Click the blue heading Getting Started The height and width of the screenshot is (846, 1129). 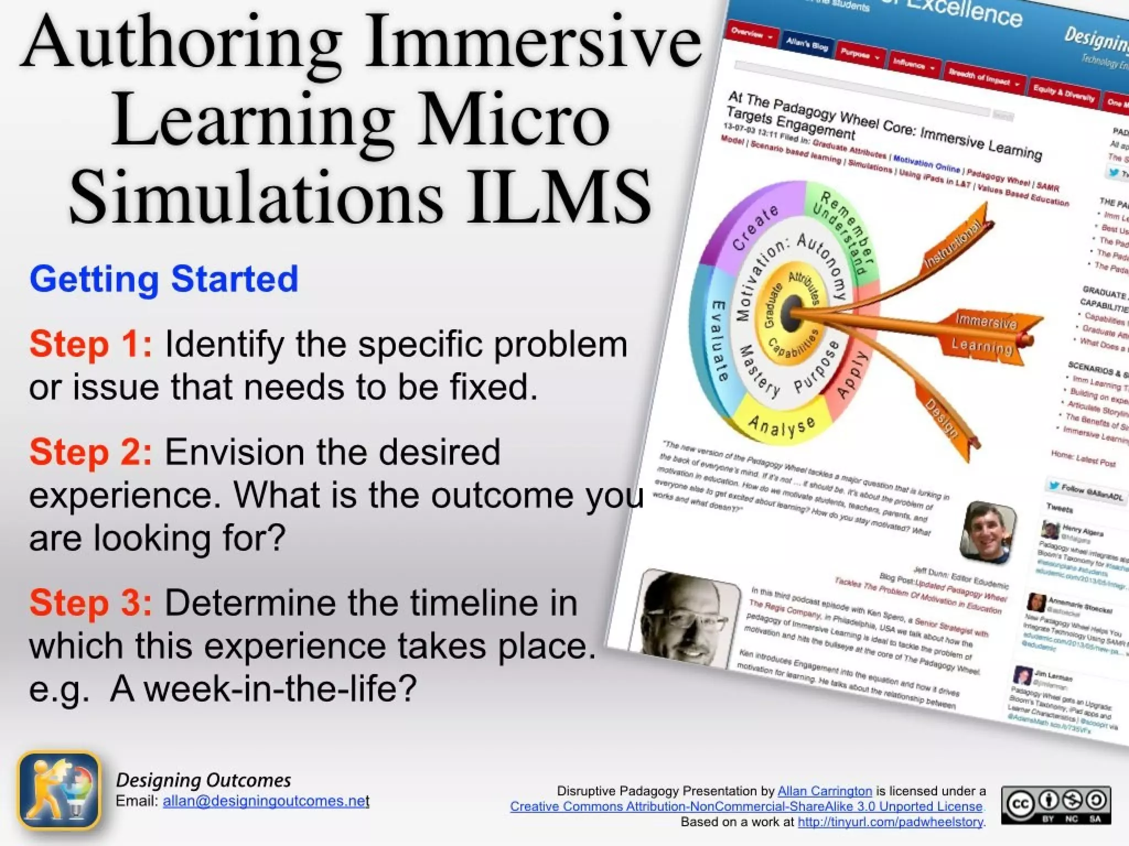pyautogui.click(x=164, y=279)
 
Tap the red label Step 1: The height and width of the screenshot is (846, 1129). pyautogui.click(x=90, y=344)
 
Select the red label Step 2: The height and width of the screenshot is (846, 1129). pyautogui.click(x=90, y=452)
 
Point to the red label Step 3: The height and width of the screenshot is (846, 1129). pyautogui.click(x=90, y=603)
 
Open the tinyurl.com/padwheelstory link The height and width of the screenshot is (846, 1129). pyautogui.click(x=890, y=822)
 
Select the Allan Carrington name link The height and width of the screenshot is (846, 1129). pyautogui.click(x=824, y=791)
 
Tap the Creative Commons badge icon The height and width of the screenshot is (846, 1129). pyautogui.click(x=1055, y=805)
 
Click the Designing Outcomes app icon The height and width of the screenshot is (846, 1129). pyautogui.click(x=60, y=791)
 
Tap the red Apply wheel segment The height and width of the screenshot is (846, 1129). pyautogui.click(x=852, y=375)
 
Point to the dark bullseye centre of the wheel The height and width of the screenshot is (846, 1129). pyautogui.click(x=793, y=308)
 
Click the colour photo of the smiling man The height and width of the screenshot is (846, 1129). pyautogui.click(x=988, y=532)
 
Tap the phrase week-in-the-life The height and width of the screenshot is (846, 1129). pyautogui.click(x=273, y=689)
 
